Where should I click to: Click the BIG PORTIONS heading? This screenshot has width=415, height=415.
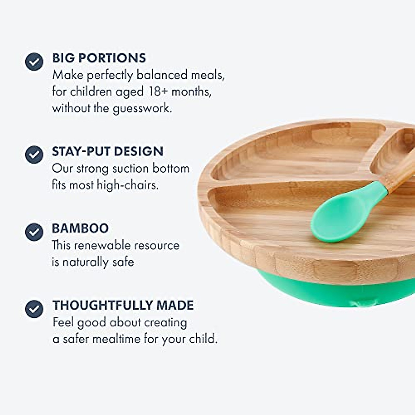[99, 58]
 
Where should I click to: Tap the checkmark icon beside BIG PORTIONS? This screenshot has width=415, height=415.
[34, 62]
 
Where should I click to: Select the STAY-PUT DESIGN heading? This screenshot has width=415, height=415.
[108, 151]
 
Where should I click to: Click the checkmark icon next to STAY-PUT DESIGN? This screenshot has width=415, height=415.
[34, 154]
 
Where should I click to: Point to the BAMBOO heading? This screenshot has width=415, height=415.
[80, 228]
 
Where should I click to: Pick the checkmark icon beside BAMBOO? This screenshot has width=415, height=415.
[34, 232]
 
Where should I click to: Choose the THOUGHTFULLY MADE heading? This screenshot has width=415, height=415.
[123, 305]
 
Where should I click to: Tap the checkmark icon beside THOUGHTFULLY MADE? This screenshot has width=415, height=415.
[34, 308]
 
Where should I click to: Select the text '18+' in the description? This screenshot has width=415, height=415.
[158, 92]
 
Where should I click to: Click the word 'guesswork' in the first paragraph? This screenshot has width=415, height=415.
[142, 109]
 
